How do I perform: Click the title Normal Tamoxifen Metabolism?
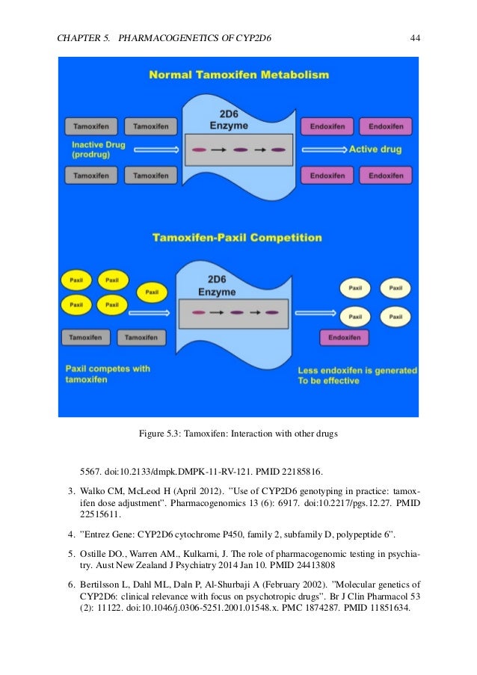[238, 75]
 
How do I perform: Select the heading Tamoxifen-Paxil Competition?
[237, 239]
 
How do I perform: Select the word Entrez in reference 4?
[102, 536]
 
